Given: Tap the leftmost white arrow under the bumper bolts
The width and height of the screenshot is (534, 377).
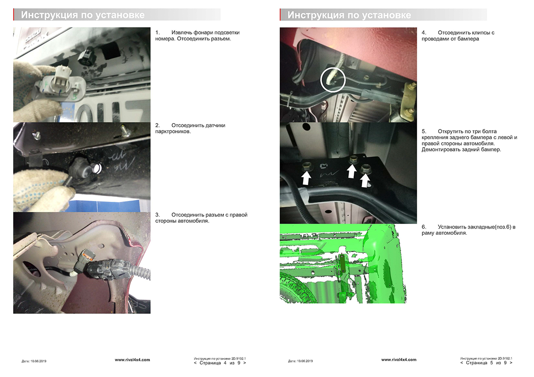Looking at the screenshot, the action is pyautogui.click(x=306, y=178).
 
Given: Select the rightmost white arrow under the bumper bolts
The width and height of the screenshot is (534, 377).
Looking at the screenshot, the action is pyautogui.click(x=365, y=181).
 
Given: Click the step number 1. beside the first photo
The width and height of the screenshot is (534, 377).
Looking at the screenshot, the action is pyautogui.click(x=158, y=32).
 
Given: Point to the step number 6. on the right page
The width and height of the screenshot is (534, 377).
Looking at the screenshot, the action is pyautogui.click(x=424, y=227).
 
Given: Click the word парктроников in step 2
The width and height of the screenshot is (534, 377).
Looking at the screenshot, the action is pyautogui.click(x=173, y=132).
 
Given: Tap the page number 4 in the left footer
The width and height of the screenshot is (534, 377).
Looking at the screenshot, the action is pyautogui.click(x=225, y=363).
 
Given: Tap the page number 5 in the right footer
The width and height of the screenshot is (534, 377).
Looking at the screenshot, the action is pyautogui.click(x=492, y=363).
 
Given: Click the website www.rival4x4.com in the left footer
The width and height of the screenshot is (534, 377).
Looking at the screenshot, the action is pyautogui.click(x=132, y=360).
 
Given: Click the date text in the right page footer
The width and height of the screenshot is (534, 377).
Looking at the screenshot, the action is pyautogui.click(x=300, y=361).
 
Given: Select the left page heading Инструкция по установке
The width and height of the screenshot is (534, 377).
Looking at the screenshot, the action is pyautogui.click(x=83, y=15).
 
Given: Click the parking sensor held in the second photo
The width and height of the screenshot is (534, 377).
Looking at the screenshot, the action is pyautogui.click(x=85, y=168).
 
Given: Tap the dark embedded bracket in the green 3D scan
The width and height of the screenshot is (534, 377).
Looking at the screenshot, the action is pyautogui.click(x=343, y=264).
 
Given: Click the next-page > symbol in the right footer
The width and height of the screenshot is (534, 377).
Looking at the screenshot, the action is pyautogui.click(x=511, y=363).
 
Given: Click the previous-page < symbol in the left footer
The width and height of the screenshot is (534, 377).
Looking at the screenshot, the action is pyautogui.click(x=195, y=363).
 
